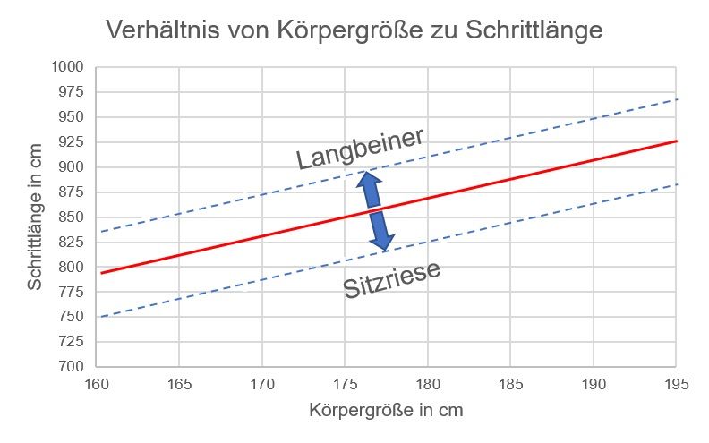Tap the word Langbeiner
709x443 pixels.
pos(361,148)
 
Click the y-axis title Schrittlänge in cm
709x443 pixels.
pos(35,217)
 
